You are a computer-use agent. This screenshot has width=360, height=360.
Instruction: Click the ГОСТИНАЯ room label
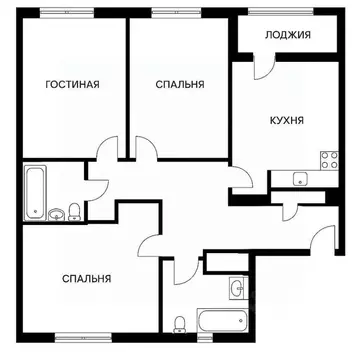point(72,85)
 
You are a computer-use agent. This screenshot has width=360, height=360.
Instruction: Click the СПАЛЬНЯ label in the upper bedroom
point(180,85)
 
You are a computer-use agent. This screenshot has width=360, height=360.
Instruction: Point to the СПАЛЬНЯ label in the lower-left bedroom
point(86,279)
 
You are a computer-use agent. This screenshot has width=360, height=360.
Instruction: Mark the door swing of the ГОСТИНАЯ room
point(109,154)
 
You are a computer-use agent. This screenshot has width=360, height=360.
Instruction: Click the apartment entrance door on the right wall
point(322,238)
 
